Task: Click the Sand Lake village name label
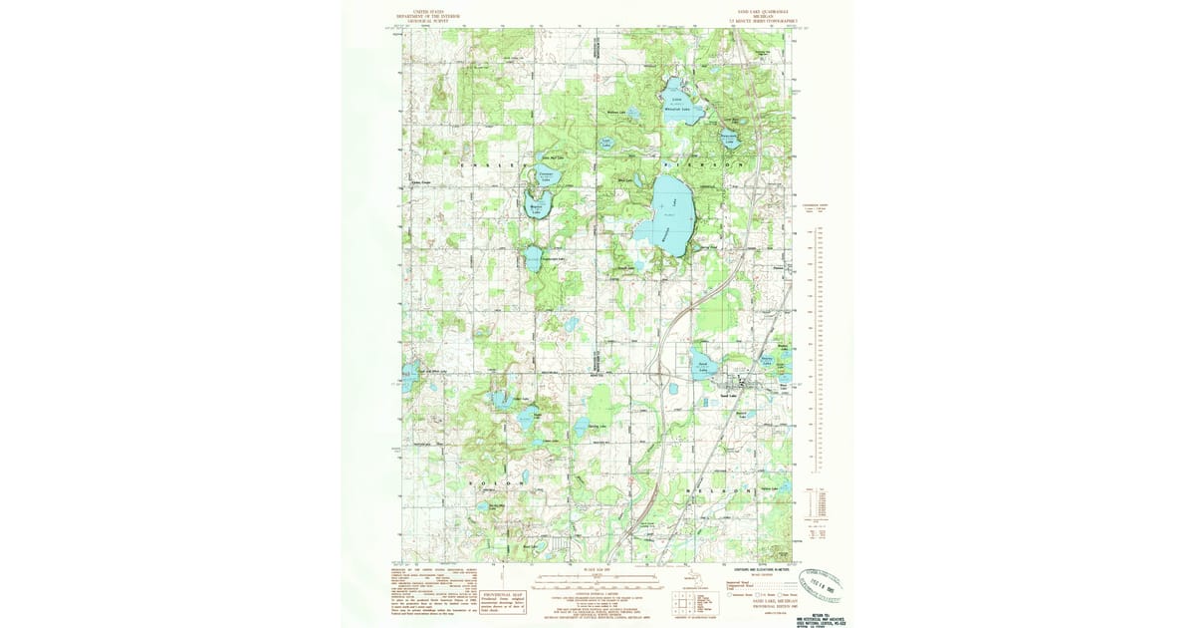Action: [x=727, y=396]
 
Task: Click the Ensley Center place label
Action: [x=421, y=181]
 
